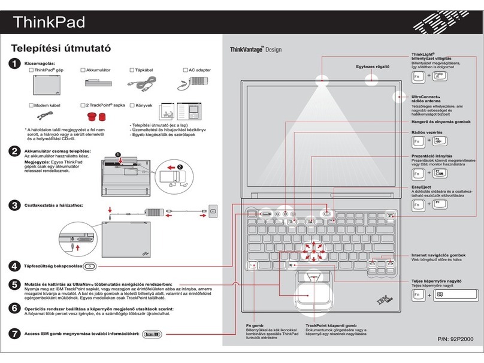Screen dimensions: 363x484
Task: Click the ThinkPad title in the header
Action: (50, 22)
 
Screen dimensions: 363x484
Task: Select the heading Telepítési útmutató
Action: (62, 49)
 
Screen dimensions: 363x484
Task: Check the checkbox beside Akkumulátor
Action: (82, 71)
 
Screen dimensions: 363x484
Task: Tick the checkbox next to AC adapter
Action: (185, 71)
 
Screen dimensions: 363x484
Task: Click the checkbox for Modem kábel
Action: (32, 105)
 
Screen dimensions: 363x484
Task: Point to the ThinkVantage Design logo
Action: (256, 50)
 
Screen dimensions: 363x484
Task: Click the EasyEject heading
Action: (421, 187)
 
